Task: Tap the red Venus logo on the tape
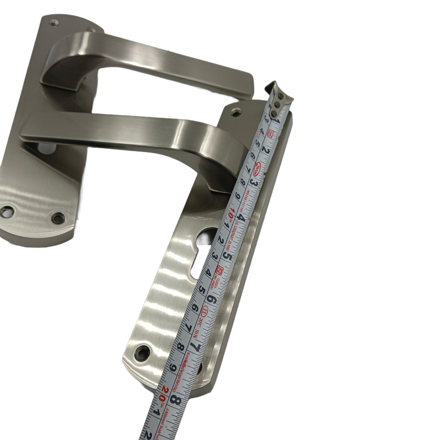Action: click(257, 167)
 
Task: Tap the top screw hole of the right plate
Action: click(236, 112)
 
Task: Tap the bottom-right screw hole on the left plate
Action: click(58, 218)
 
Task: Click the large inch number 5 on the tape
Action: click(229, 257)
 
